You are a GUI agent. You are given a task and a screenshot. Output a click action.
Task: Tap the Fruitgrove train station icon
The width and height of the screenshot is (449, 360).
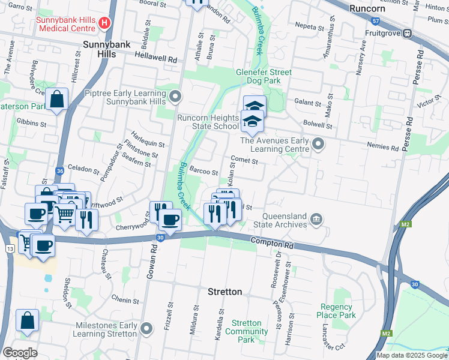coord(407,34)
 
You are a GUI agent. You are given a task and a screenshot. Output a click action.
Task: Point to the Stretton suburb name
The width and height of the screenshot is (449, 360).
coord(224,292)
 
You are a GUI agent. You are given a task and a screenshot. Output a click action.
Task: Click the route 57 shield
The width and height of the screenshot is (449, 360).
coord(376,21)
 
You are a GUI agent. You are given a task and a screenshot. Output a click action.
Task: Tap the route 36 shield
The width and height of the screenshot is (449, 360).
coord(59,171)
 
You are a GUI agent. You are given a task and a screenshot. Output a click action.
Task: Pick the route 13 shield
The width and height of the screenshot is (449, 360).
coord(10,248)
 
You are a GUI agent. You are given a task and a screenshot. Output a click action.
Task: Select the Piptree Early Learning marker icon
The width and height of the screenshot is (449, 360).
coord(175,96)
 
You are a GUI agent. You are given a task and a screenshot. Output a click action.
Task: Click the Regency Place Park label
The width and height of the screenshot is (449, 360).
coord(337,311)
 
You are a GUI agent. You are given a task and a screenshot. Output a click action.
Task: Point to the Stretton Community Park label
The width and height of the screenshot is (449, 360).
coord(247,331)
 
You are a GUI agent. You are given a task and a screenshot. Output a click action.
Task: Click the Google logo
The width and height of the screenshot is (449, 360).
coord(20,353)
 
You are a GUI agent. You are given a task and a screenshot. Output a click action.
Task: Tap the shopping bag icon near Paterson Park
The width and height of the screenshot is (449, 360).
coord(56,100)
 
